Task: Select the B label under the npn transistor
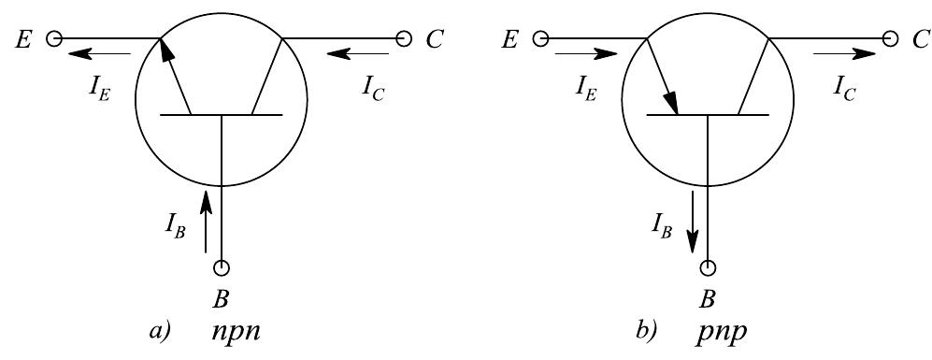(222, 302)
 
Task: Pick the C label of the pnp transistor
(922, 39)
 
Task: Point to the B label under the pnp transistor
(708, 302)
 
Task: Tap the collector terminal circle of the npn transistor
(404, 39)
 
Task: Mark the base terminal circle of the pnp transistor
(708, 269)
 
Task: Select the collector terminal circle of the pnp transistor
(890, 39)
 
